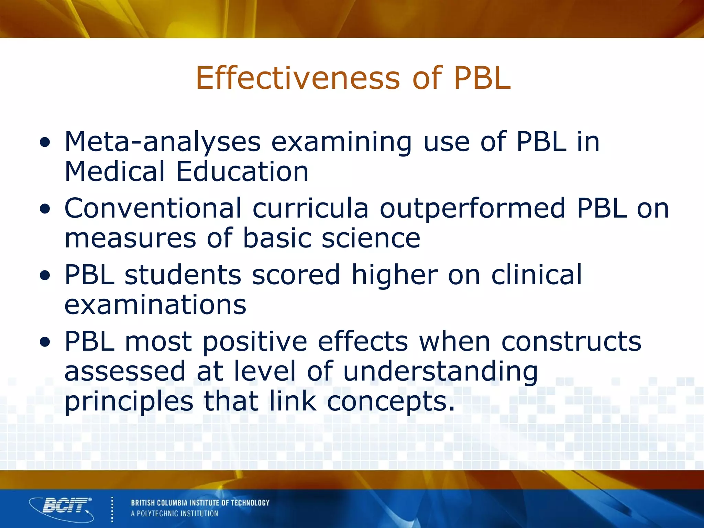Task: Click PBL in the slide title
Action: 482,78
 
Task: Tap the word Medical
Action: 115,172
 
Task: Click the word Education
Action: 242,172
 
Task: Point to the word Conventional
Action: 153,208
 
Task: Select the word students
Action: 183,275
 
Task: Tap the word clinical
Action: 537,275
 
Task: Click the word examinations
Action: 155,305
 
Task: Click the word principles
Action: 129,402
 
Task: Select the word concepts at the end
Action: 390,402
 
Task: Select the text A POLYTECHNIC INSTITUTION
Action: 174,514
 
